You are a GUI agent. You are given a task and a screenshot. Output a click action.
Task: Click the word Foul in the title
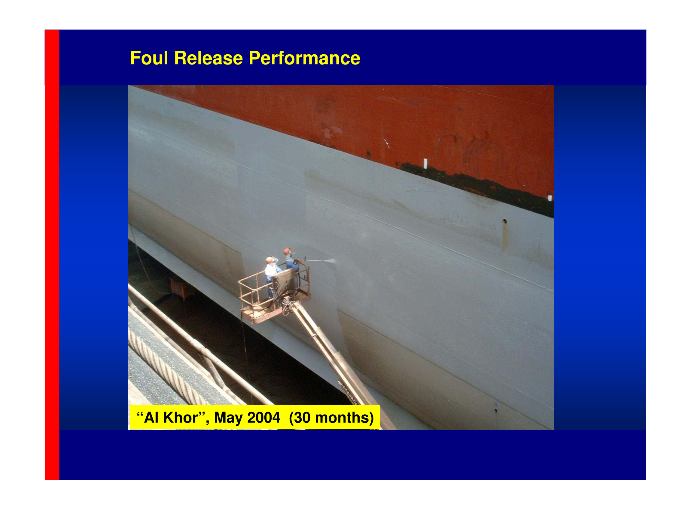tap(149, 58)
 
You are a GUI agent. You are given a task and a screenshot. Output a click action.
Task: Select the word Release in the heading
tap(209, 58)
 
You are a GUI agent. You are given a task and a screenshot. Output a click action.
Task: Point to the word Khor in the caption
tap(181, 418)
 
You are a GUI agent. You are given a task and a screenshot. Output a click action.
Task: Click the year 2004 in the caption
tap(264, 418)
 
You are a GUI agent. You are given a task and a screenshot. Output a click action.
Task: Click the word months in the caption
tap(342, 418)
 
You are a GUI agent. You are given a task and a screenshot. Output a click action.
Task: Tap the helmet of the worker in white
tap(269, 260)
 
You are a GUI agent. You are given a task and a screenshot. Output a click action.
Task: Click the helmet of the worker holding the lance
tap(287, 251)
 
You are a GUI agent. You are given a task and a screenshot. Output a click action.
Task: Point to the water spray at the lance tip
tap(330, 261)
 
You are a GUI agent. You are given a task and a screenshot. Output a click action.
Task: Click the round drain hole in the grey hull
tap(504, 221)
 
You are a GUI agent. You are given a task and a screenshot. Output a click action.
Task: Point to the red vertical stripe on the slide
tap(52, 255)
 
